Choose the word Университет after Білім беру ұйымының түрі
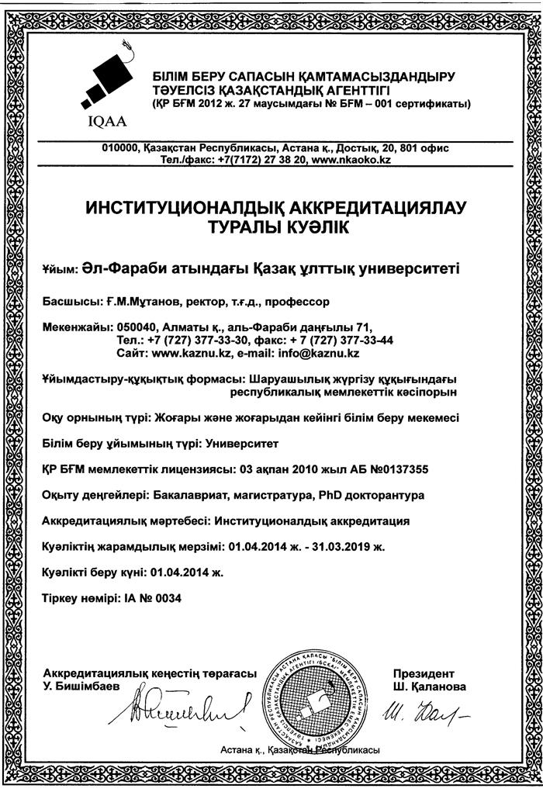(x=241, y=443)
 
